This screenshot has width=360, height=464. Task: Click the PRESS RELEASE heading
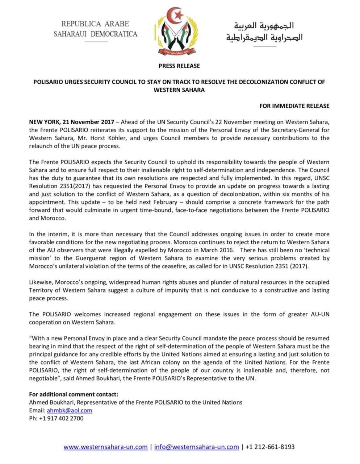179,66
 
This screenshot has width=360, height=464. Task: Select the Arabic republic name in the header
264,32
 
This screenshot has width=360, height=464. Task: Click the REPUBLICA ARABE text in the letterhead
95,24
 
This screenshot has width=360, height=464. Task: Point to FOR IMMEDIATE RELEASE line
294,106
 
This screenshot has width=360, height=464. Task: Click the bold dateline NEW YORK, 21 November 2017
72,122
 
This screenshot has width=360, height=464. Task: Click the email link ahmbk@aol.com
70,410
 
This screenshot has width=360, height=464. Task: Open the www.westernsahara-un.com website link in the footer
105,447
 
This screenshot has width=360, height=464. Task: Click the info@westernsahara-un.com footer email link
196,447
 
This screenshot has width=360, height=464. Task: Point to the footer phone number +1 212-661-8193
270,447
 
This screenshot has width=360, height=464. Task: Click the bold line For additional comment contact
74,394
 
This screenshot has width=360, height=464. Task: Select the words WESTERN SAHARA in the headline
179,90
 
